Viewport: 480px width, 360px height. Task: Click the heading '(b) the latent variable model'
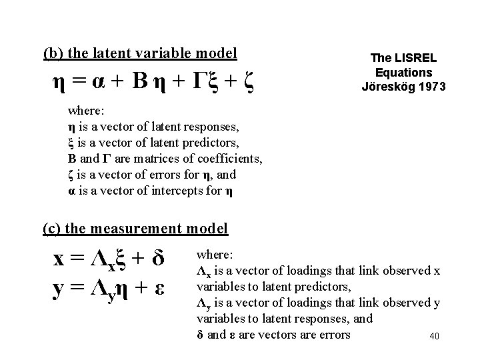140,53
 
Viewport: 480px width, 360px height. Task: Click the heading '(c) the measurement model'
135,229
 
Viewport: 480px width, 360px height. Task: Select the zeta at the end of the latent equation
247,85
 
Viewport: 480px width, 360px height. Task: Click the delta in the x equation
158,258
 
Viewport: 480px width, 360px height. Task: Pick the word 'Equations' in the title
404,72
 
